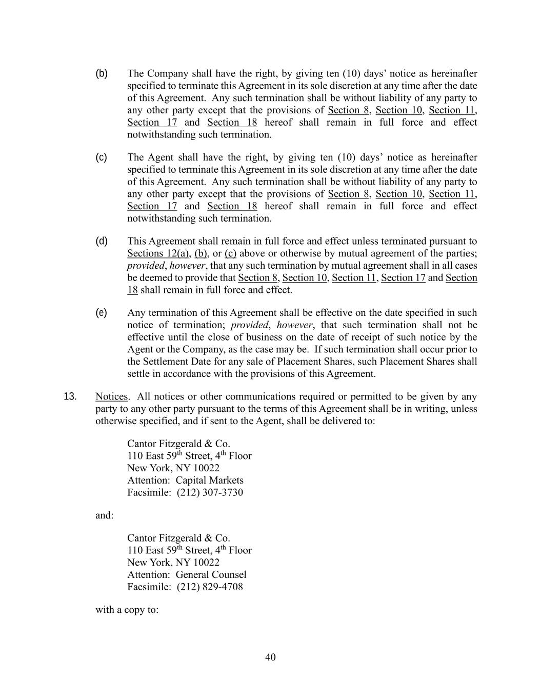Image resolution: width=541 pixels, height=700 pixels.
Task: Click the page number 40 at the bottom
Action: (x=270, y=657)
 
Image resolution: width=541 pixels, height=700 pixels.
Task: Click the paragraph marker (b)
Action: (x=102, y=73)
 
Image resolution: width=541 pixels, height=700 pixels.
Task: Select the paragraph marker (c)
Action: (x=102, y=157)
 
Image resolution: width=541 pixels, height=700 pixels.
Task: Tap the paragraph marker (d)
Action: (x=102, y=241)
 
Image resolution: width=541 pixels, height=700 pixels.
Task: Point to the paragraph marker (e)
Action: (x=102, y=312)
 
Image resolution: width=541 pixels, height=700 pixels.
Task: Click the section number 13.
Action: (x=70, y=396)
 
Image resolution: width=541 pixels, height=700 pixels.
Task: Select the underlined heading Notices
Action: (x=111, y=396)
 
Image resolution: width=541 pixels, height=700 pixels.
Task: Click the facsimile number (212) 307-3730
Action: (x=210, y=492)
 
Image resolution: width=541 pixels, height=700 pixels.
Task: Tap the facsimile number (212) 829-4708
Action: (x=210, y=587)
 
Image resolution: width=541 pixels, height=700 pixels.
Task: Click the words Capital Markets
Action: (x=209, y=480)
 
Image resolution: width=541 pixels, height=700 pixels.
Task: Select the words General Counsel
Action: (x=211, y=574)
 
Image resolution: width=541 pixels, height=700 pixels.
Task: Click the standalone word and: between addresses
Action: (x=105, y=515)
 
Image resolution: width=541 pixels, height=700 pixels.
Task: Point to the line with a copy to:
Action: (x=127, y=610)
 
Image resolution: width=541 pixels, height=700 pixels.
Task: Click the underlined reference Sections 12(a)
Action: (x=158, y=253)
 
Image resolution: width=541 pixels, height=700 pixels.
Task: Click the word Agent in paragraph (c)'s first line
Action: (x=160, y=157)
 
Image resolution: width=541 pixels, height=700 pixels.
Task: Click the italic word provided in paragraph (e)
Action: (x=249, y=325)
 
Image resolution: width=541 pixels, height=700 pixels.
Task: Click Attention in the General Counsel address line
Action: (x=149, y=574)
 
